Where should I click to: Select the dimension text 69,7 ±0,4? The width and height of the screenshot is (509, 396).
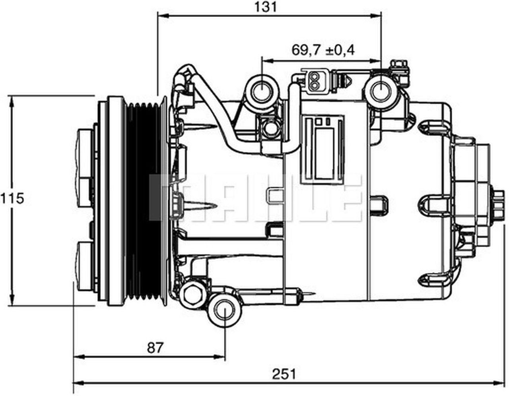323,50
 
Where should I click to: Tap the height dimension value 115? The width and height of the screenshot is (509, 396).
12,198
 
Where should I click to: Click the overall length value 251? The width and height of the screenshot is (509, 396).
284,374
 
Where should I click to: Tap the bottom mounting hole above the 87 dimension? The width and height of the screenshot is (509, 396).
225,310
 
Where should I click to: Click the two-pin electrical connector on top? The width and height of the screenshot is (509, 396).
316,81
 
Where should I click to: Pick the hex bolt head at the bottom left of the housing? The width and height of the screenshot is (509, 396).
192,294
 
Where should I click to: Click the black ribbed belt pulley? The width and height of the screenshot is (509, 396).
144,201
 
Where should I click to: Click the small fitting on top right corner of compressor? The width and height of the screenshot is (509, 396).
399,68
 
